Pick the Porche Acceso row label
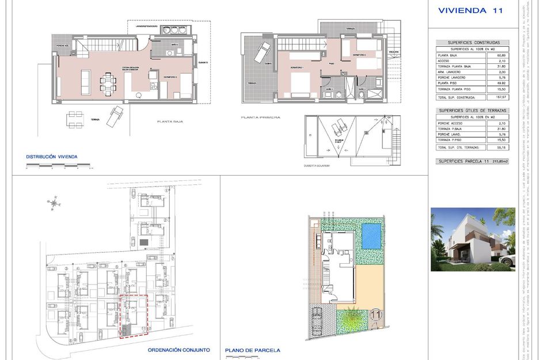tap(451, 123)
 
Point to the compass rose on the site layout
tap(55, 202)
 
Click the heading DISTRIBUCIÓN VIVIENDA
tap(52, 157)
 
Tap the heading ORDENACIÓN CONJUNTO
tap(178, 350)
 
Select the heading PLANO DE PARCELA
tap(253, 350)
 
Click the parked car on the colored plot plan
tap(317, 317)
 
